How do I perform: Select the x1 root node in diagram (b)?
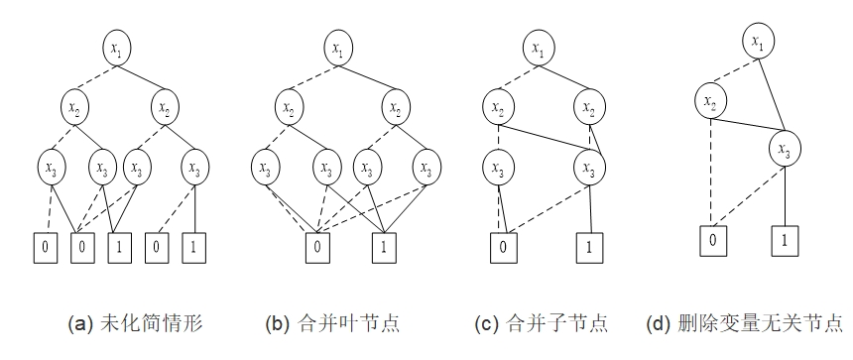point(338,48)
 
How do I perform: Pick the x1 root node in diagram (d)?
point(758,42)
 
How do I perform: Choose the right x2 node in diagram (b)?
point(395,104)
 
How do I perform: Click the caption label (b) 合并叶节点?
point(332,323)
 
